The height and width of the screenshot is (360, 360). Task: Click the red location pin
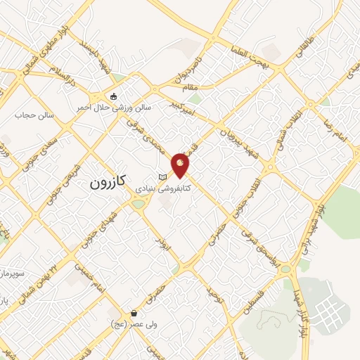(x=181, y=165)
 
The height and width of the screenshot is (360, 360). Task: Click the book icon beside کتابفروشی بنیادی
(x=163, y=176)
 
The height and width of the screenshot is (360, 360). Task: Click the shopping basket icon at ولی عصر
(x=134, y=313)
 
